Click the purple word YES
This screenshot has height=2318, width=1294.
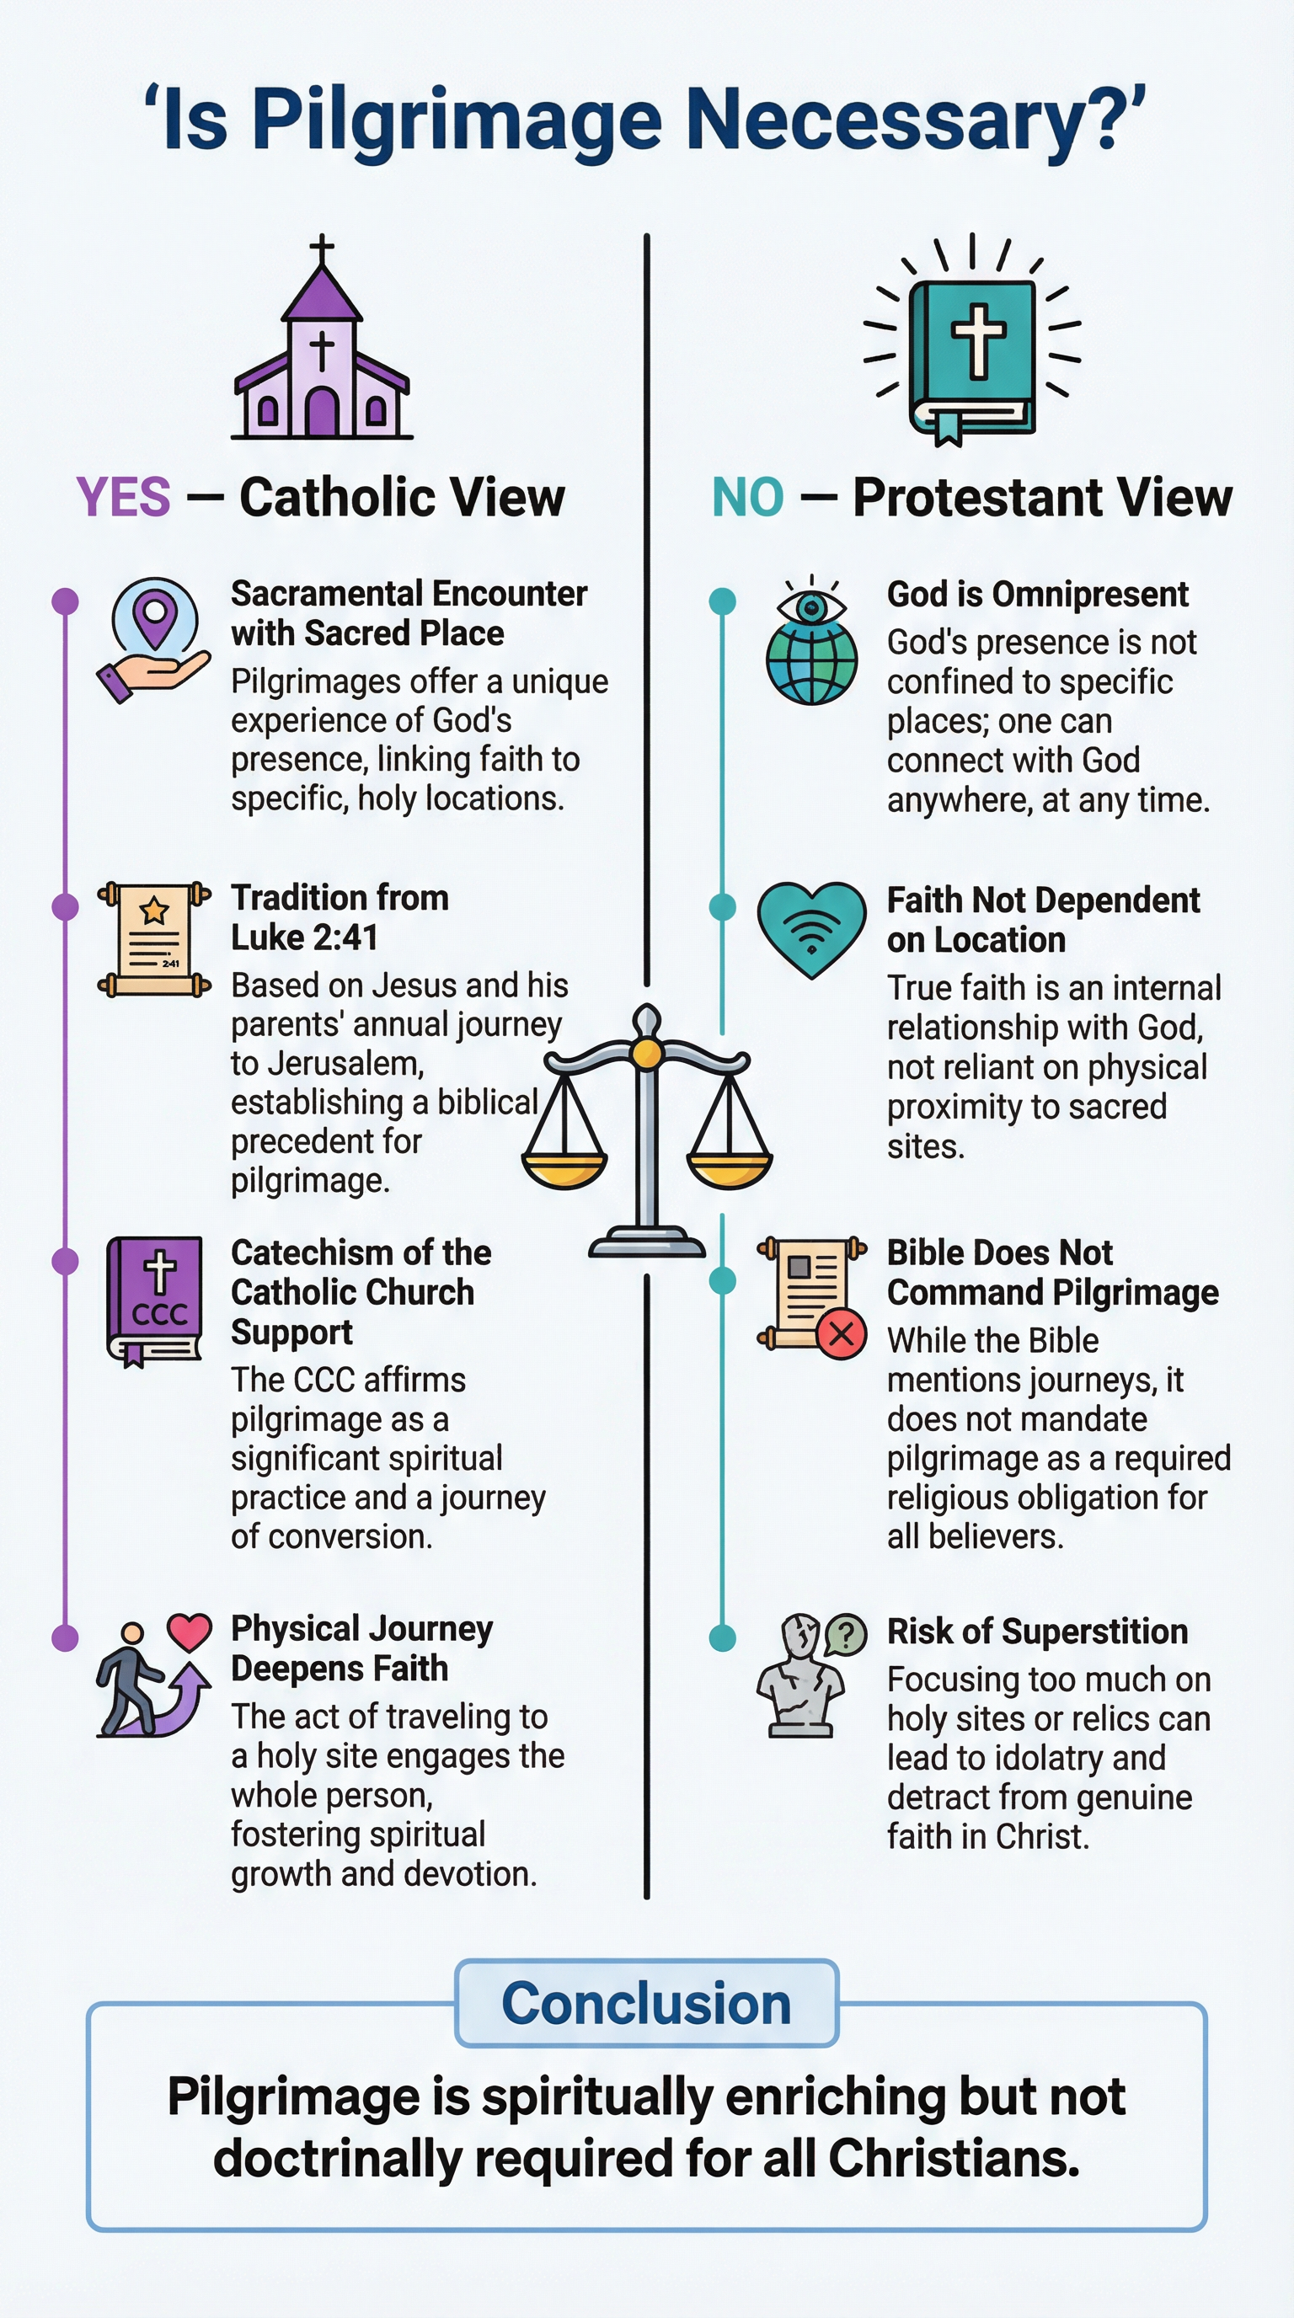pos(123,497)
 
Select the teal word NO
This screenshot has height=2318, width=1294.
pos(748,497)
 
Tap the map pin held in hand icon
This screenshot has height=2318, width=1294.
pos(154,639)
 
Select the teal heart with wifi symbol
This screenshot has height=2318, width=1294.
pos(810,927)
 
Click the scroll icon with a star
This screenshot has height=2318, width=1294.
pos(154,939)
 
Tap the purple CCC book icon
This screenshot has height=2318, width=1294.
pos(155,1301)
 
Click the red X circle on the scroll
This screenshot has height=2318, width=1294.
pos(842,1333)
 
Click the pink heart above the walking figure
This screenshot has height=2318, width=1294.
pos(189,1632)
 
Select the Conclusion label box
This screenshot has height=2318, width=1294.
pos(646,2003)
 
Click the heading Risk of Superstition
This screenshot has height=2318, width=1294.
pos(1037,1632)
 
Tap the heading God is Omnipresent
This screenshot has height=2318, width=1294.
pos(1037,595)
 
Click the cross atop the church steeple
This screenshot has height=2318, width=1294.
pos(321,248)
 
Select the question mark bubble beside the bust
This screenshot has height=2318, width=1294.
pos(845,1634)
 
